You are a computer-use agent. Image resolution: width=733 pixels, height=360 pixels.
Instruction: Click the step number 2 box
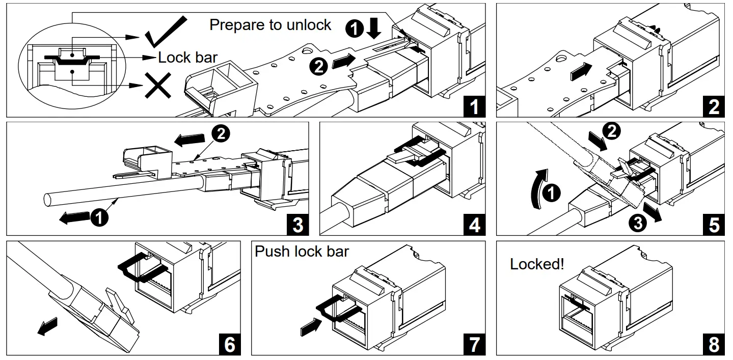[x=714, y=107]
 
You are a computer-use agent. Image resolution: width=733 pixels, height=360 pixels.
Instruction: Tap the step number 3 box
[x=298, y=225]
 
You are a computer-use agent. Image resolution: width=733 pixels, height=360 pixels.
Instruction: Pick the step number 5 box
[x=714, y=225]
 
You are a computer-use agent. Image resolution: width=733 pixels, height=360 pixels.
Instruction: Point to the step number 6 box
[x=230, y=345]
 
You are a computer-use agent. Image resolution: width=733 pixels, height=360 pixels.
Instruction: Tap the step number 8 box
[x=714, y=345]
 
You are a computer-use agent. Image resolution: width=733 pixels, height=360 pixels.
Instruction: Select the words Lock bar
[x=187, y=57]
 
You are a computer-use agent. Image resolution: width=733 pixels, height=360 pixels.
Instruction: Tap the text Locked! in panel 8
[x=537, y=264]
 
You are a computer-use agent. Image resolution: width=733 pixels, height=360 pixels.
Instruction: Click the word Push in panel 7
[x=273, y=251]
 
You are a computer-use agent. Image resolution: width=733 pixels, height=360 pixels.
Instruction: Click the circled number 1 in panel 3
[x=99, y=217]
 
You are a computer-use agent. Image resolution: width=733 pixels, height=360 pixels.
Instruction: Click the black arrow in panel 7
[x=311, y=326]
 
